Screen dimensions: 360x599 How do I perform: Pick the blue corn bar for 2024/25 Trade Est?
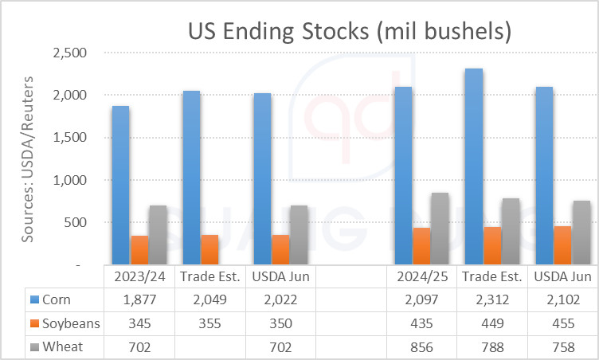pos(474,166)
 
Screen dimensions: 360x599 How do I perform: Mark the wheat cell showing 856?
pos(422,347)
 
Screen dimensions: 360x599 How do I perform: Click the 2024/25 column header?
pos(422,276)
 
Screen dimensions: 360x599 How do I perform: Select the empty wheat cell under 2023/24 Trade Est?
pos(209,347)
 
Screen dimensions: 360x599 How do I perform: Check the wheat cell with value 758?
pos(563,347)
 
